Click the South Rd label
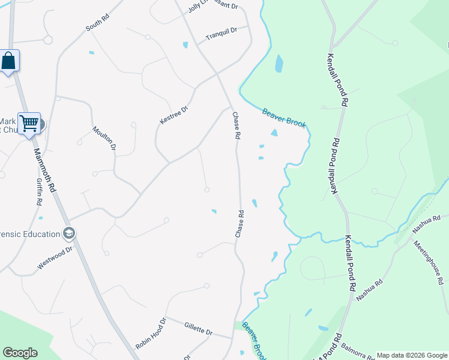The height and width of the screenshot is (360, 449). coord(98,23)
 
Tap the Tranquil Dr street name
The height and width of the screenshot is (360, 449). coord(221,33)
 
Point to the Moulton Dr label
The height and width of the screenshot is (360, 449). coord(104,137)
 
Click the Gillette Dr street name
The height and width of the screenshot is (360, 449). coord(199,328)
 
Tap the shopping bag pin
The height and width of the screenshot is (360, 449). coord(8,61)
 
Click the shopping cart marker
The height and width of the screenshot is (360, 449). coord(29,123)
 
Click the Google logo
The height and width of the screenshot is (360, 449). coord(20,353)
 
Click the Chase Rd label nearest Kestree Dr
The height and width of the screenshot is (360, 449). coord(237,126)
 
